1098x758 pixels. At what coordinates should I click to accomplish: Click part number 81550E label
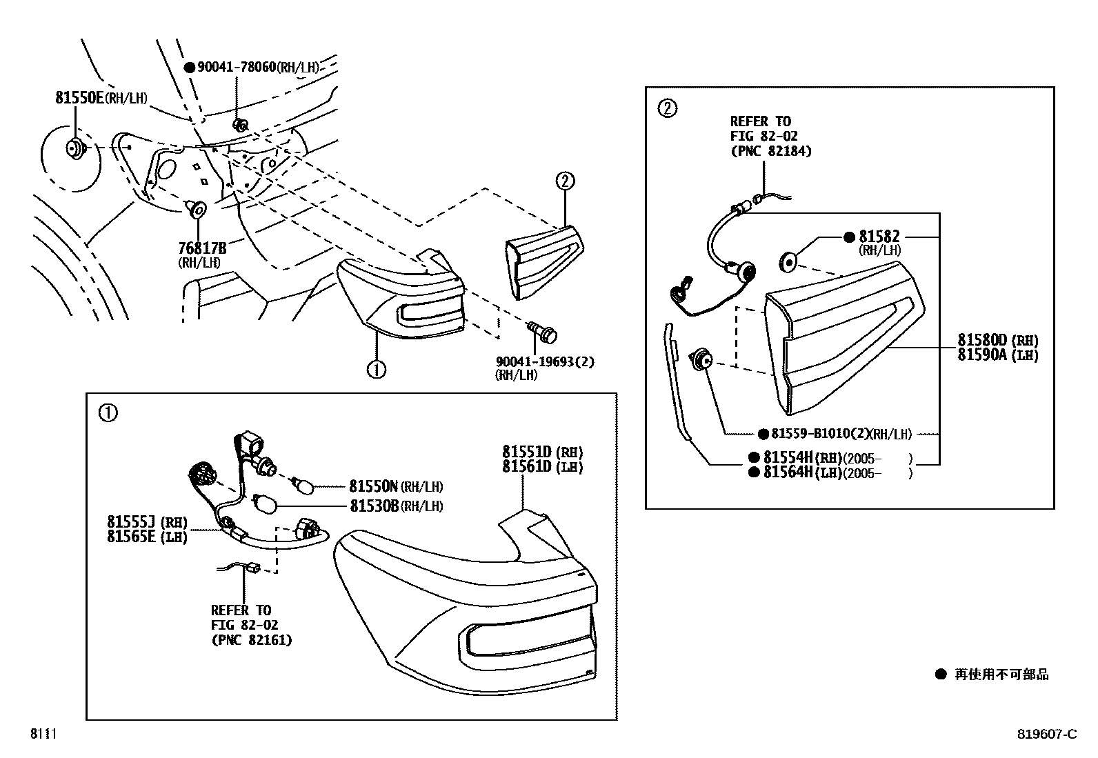(x=79, y=98)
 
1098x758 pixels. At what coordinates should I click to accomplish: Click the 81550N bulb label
(x=374, y=486)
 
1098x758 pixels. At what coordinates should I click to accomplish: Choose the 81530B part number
(x=374, y=506)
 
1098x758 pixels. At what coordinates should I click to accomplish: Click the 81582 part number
(x=879, y=237)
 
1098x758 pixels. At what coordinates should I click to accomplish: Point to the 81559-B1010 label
(x=821, y=434)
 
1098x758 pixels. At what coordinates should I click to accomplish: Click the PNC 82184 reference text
(x=770, y=151)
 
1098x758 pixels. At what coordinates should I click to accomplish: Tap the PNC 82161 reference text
(x=251, y=640)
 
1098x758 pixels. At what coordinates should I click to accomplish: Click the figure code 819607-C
(x=1046, y=735)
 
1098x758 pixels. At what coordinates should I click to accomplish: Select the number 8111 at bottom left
(x=42, y=735)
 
